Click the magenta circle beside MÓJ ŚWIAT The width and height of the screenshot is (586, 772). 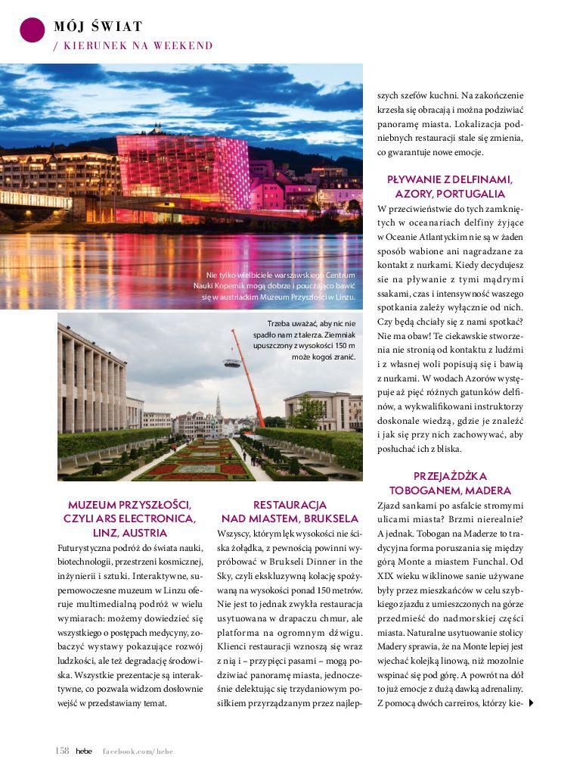click(33, 29)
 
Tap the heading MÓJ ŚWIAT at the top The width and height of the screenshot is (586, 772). click(98, 26)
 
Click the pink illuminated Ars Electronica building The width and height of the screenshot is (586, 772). click(183, 172)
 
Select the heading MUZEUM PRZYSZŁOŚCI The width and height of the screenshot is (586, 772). click(129, 504)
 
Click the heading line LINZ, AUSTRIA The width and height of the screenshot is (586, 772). click(129, 533)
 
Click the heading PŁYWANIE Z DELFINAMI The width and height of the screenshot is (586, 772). click(450, 179)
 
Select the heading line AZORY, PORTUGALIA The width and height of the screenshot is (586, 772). click(450, 194)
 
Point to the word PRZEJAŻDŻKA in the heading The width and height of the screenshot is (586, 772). click(450, 476)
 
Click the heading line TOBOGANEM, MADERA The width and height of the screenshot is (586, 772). click(450, 490)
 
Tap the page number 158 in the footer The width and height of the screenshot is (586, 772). click(62, 750)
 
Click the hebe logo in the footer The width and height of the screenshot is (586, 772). click(83, 750)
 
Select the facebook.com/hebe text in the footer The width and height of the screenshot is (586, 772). click(138, 750)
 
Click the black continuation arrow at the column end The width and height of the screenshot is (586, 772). click(532, 703)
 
